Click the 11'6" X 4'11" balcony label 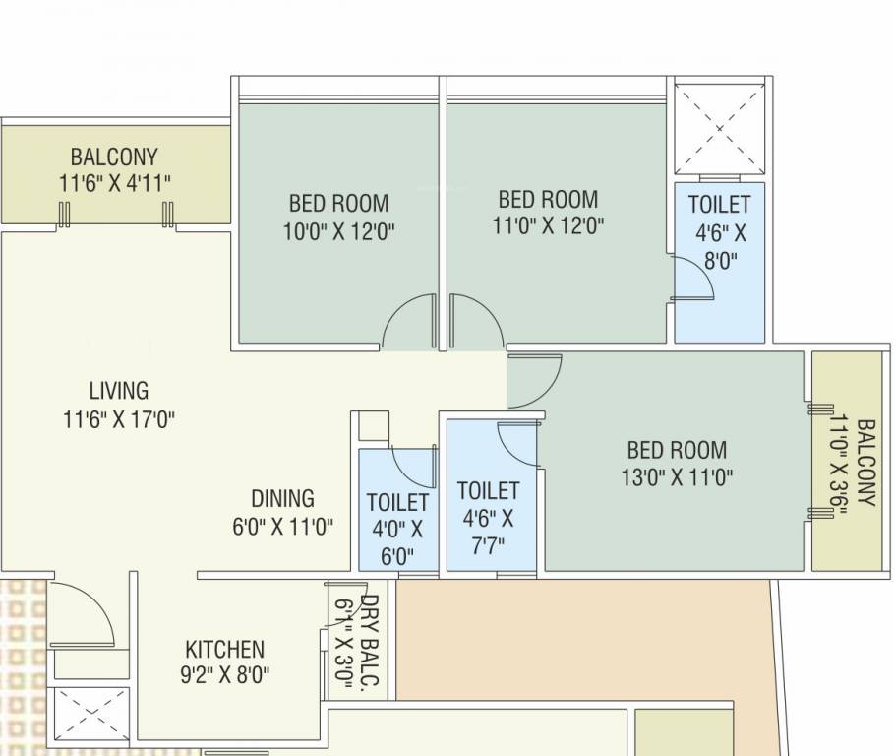[114, 169]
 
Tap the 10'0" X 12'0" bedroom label [338, 218]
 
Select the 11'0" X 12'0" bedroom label [548, 212]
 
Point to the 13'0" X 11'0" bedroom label [677, 464]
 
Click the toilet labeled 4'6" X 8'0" [719, 232]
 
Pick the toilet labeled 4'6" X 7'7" [488, 517]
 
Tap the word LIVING [118, 390]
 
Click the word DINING [282, 498]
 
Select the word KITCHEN [224, 650]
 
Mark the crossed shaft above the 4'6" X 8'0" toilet [719, 129]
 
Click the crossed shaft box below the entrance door [89, 716]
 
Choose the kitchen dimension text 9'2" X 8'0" [226, 675]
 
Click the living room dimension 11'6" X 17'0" [118, 419]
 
